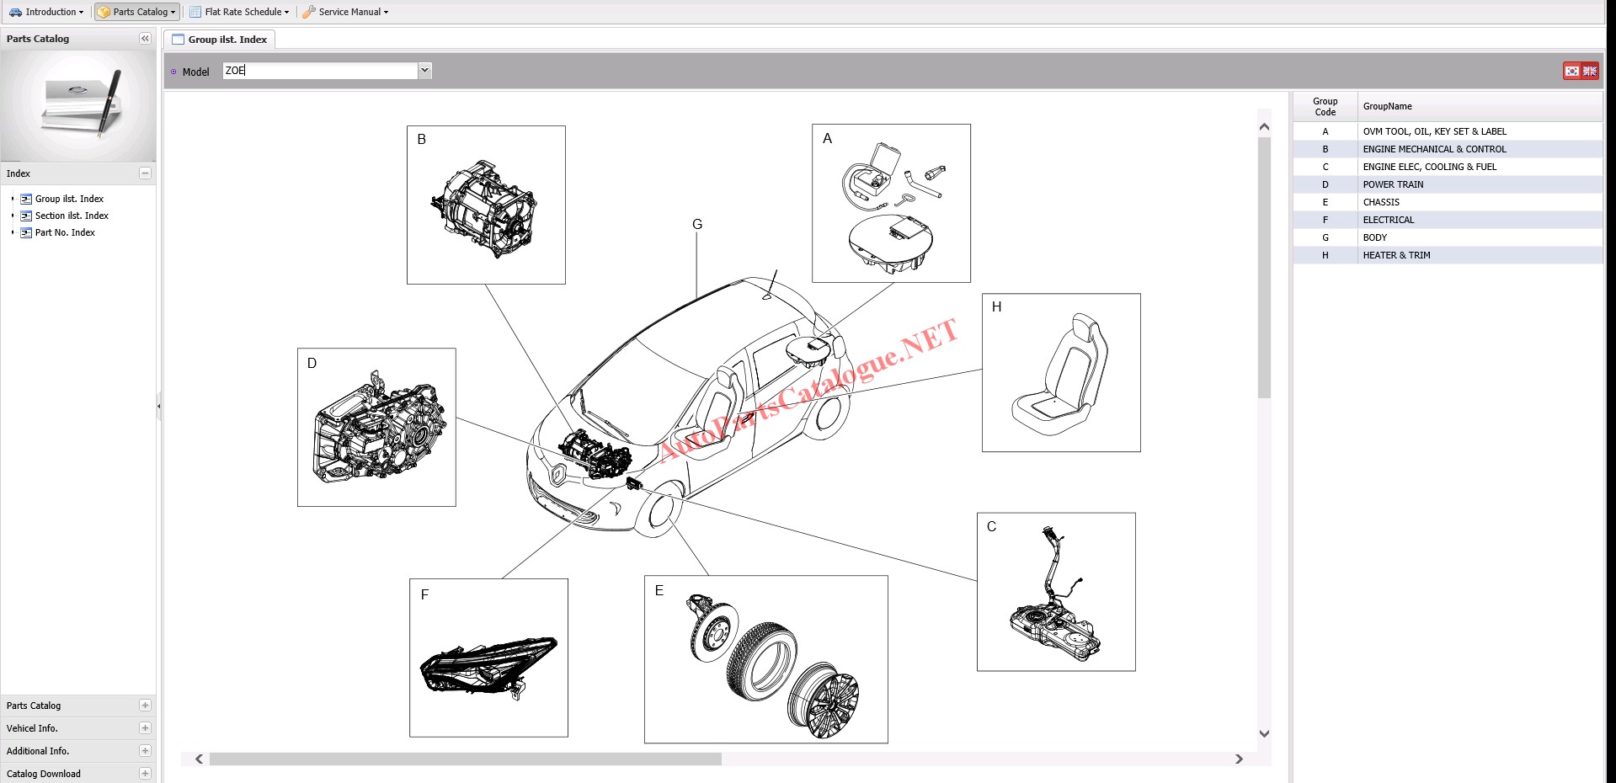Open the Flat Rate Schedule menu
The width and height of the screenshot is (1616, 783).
(239, 12)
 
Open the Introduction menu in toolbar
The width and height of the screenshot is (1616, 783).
(46, 12)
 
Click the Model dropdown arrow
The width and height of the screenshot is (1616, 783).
(425, 71)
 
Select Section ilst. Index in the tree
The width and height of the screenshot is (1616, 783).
(72, 216)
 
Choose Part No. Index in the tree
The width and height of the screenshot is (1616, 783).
(65, 232)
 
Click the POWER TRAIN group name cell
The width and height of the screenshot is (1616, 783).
(1394, 184)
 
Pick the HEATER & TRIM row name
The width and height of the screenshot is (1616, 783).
(1397, 255)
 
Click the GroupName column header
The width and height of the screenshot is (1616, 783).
(1388, 106)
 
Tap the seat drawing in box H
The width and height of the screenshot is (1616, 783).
(1060, 375)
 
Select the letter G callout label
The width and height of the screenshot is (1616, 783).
(697, 224)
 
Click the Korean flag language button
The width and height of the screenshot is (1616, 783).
(1571, 72)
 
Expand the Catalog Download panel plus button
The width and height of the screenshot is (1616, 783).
(145, 773)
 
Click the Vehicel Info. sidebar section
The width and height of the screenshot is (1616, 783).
(32, 728)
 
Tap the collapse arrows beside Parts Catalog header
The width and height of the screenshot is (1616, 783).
(145, 39)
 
